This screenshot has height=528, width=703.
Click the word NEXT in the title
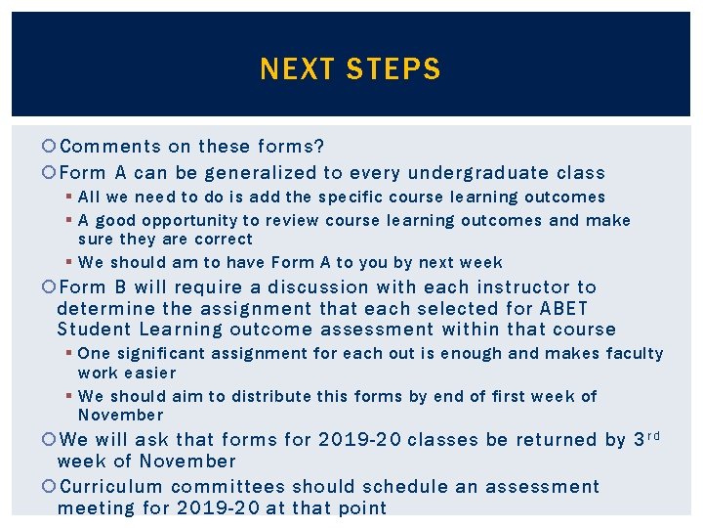(x=292, y=69)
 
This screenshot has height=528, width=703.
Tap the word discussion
(x=316, y=287)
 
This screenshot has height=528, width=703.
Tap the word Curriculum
(x=110, y=487)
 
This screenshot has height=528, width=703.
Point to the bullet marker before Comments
(x=50, y=148)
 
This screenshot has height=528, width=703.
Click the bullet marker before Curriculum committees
(x=50, y=487)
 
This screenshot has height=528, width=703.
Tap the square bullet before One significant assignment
(x=70, y=354)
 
